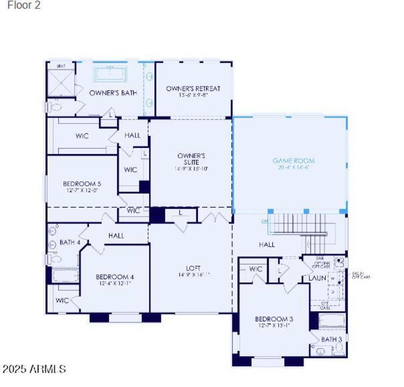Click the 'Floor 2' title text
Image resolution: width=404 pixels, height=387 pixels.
pos(24,6)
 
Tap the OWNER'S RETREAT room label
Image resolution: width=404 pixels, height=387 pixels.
pos(193,89)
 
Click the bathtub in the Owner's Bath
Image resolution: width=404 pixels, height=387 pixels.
pos(110,74)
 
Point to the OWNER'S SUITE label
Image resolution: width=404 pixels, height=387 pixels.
pos(190,156)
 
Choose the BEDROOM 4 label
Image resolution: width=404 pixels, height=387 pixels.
pos(115,277)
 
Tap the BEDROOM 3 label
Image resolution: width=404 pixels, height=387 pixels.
pos(274,319)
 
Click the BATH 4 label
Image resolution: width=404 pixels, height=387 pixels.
pos(70,243)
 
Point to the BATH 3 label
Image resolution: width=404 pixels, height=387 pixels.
pos(331,339)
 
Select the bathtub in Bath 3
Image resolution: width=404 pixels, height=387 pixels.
pos(332,322)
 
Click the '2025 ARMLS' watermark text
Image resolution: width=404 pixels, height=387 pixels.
pos(34,369)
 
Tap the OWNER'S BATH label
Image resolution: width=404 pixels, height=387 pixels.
pos(113,93)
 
